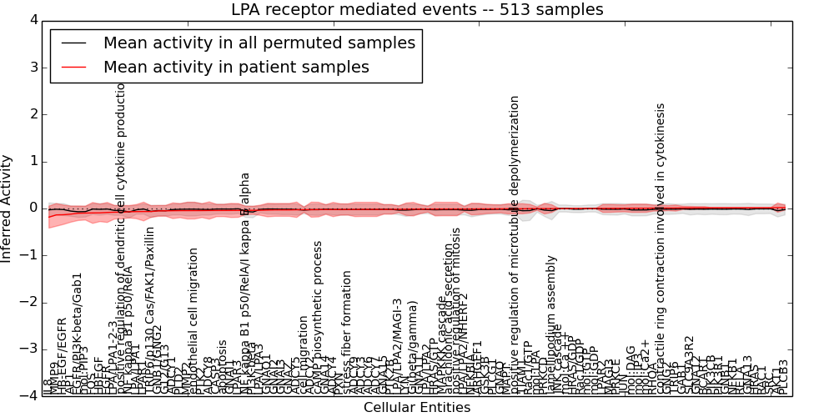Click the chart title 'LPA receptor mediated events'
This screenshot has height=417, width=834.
coord(417,9)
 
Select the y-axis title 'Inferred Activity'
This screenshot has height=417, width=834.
coord(8,208)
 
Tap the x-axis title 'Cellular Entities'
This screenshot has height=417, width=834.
coord(417,408)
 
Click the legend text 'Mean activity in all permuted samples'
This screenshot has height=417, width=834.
coord(259,43)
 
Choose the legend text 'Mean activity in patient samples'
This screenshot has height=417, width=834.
coord(236,67)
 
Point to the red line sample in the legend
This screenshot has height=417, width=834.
coord(73,67)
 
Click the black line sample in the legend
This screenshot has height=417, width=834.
coord(73,43)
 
